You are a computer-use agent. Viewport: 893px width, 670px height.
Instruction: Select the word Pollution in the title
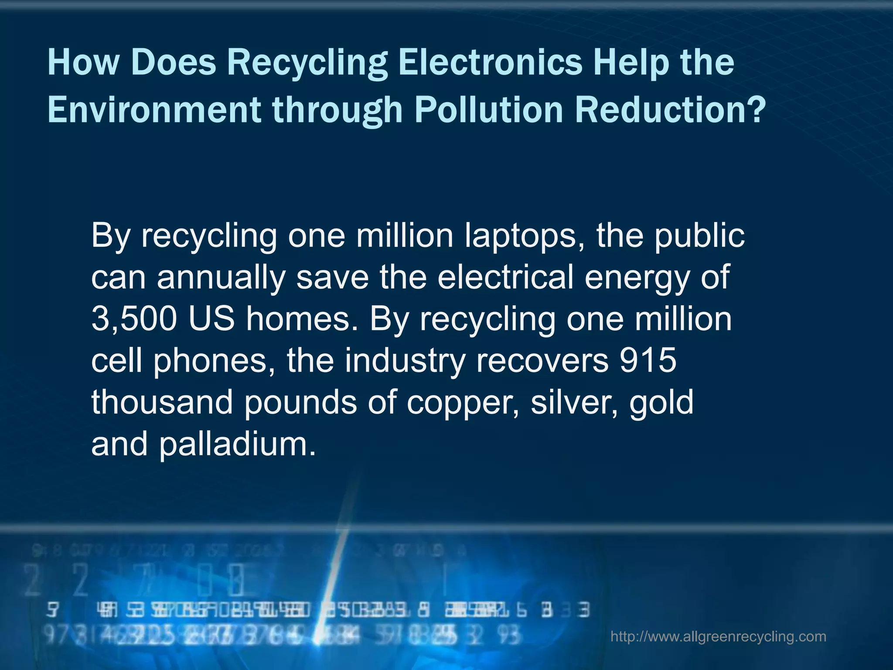click(489, 110)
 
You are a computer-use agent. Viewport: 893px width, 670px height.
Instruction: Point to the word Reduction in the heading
click(670, 110)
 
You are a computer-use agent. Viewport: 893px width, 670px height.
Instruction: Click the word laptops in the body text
click(524, 236)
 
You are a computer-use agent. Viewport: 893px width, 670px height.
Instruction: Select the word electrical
click(505, 277)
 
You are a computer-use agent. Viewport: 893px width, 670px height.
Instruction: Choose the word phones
click(215, 362)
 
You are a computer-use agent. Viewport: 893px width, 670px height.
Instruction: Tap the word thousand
click(162, 402)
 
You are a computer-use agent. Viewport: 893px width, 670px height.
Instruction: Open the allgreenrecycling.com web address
click(718, 636)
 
